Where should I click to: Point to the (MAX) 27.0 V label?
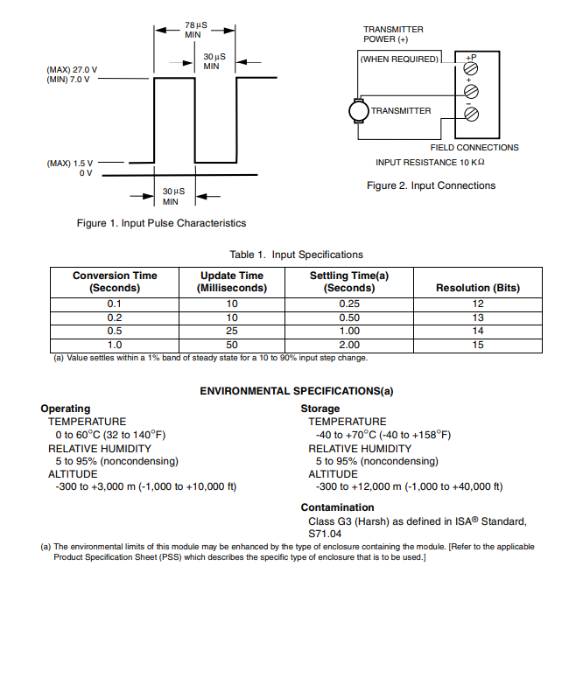point(72,69)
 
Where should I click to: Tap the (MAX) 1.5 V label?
point(69,163)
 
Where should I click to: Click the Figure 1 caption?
point(161,223)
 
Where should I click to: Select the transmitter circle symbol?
point(358,111)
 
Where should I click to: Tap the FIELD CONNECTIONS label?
point(474,147)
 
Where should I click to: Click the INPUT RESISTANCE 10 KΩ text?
point(430,163)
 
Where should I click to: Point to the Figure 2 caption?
point(431,185)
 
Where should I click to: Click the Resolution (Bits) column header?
point(477,287)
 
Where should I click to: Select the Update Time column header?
point(231,281)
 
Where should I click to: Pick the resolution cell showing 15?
point(477,345)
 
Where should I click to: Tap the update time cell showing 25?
point(231,331)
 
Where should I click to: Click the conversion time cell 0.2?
point(115,318)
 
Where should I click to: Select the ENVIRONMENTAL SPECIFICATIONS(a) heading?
point(296,391)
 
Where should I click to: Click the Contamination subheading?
point(337,507)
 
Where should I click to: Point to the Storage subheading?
point(320,409)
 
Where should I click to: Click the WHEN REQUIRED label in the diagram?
point(398,59)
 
